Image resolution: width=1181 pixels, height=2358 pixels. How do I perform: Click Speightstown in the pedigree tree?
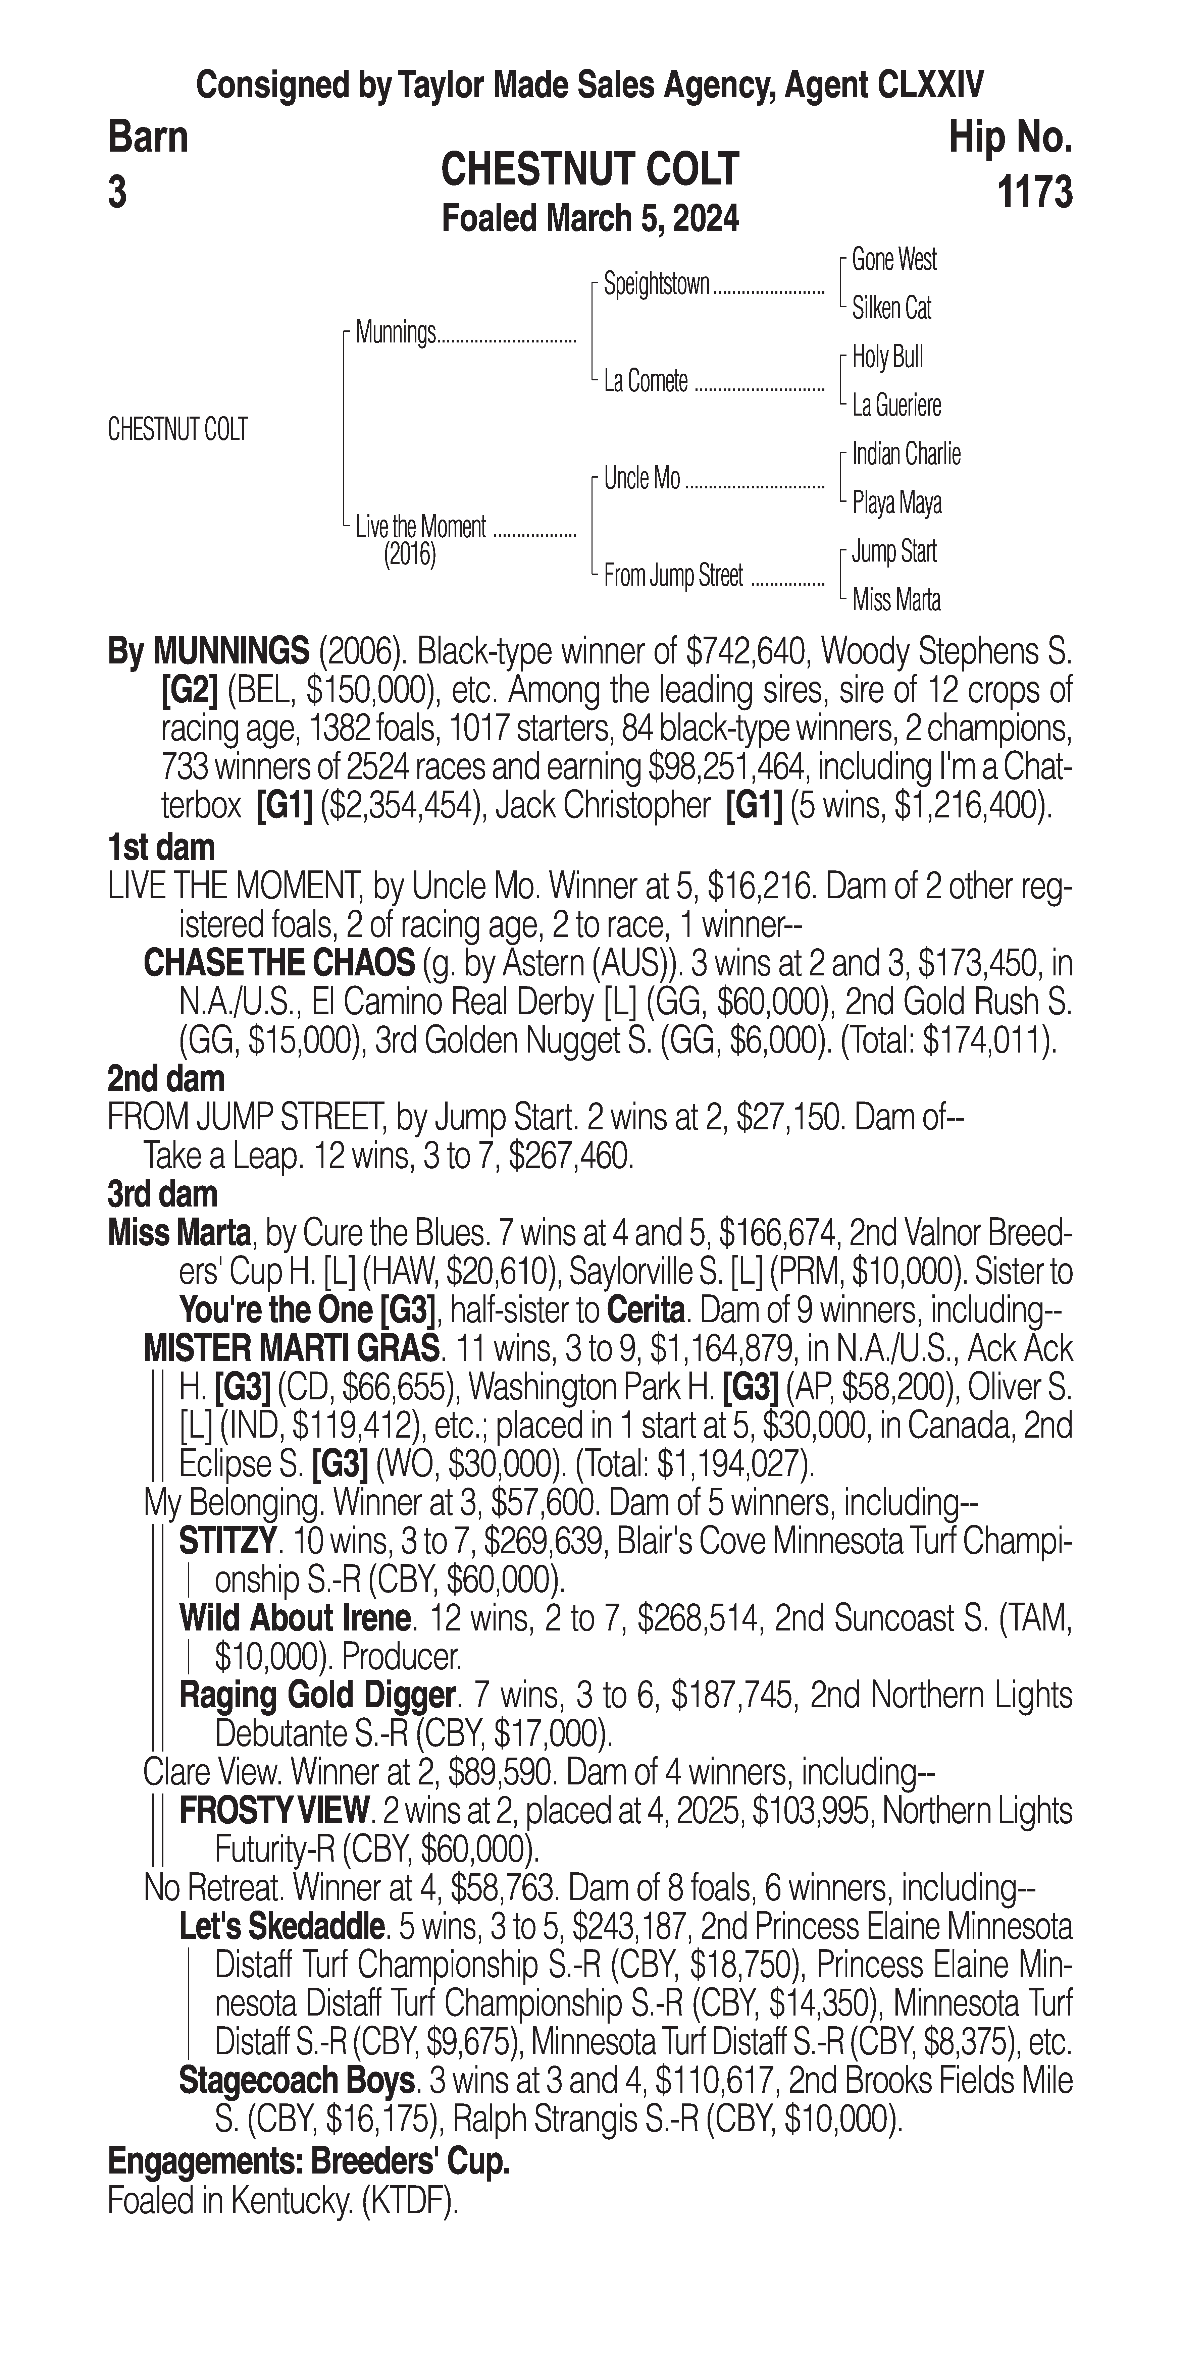click(656, 285)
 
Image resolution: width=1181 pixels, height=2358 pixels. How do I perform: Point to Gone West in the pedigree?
click(893, 260)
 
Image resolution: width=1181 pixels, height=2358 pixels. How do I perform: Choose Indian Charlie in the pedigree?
click(906, 454)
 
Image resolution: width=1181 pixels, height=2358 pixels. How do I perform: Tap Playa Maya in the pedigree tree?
click(896, 502)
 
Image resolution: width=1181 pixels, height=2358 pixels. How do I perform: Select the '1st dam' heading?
click(161, 848)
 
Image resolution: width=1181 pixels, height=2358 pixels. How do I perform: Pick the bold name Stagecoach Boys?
click(297, 2081)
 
